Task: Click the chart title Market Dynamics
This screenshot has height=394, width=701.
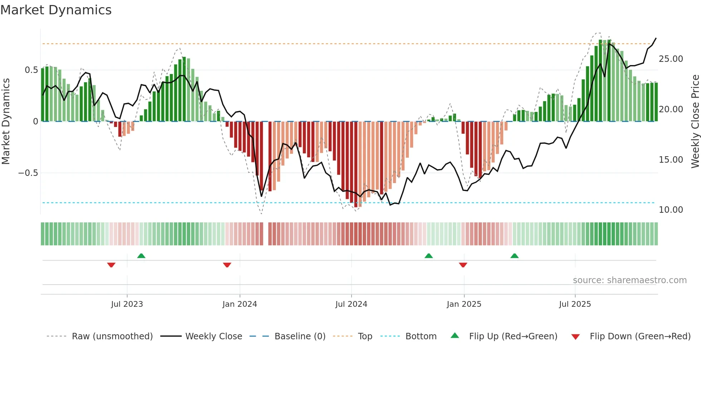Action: (x=56, y=10)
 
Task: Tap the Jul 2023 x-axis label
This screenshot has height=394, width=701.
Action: (x=127, y=304)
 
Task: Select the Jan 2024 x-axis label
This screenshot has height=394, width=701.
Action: (x=240, y=304)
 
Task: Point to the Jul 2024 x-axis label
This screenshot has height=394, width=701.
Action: (x=351, y=304)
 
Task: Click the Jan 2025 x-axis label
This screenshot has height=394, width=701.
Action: (x=464, y=304)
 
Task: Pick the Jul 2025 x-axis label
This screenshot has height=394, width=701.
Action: (x=575, y=304)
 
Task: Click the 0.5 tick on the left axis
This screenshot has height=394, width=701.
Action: (x=31, y=70)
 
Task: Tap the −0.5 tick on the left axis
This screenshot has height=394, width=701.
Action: (x=28, y=173)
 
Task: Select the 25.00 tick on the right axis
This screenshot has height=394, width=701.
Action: (x=671, y=59)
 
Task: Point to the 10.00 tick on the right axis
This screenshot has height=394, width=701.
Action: (x=671, y=210)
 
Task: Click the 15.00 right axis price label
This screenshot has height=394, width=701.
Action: (x=671, y=160)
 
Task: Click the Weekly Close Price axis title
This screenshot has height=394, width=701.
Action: (x=695, y=122)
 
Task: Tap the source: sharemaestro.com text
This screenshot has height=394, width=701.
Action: (x=629, y=280)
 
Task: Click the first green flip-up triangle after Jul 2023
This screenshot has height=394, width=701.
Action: (x=141, y=256)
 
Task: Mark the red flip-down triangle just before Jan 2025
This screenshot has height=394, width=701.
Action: (x=463, y=265)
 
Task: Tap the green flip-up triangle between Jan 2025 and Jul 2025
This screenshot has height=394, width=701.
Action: (x=514, y=256)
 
